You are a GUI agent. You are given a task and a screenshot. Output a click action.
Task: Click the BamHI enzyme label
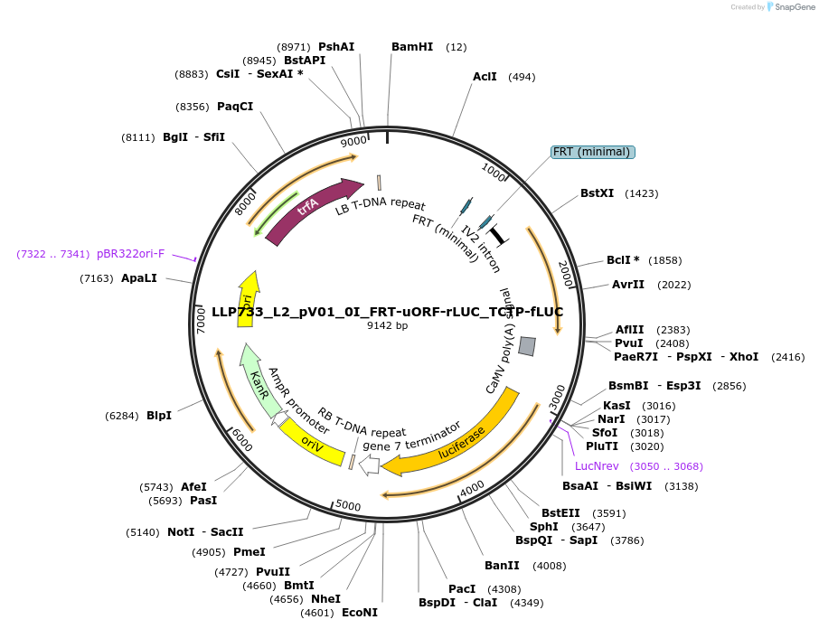click(x=412, y=47)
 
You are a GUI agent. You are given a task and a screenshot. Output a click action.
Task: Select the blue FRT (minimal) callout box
click(x=593, y=152)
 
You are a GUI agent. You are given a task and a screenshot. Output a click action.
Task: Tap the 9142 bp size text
click(x=387, y=325)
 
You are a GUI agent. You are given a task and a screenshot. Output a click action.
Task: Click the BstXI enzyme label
click(x=597, y=193)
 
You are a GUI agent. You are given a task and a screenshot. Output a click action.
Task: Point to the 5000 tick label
click(x=348, y=506)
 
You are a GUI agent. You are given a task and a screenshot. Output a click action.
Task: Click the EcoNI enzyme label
click(x=359, y=612)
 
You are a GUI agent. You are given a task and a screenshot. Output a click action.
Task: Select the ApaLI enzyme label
click(x=139, y=278)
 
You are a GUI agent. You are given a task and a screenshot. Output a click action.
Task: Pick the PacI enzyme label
click(x=462, y=589)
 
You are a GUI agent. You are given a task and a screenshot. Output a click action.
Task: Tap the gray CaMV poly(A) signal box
click(x=527, y=346)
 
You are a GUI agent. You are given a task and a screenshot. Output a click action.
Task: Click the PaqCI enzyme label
click(x=235, y=107)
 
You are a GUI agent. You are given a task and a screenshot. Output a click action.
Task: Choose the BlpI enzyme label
click(x=159, y=416)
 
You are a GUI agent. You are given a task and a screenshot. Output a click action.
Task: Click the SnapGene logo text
click(x=791, y=7)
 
